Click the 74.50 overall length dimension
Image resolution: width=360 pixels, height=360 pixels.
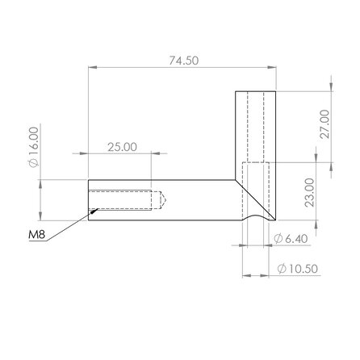(182, 61)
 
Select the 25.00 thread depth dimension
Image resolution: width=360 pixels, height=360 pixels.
(120, 146)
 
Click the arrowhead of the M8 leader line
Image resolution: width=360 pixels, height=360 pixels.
(95, 211)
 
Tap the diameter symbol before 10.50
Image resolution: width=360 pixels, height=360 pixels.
(279, 269)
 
